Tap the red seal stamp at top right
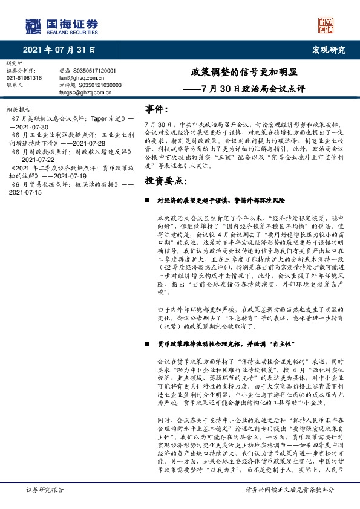pyautogui.click(x=326, y=25)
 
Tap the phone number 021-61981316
pyautogui.click(x=24, y=78)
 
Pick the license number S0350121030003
pyautogui.click(x=99, y=85)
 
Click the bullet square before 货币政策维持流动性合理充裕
pyautogui.click(x=147, y=343)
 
